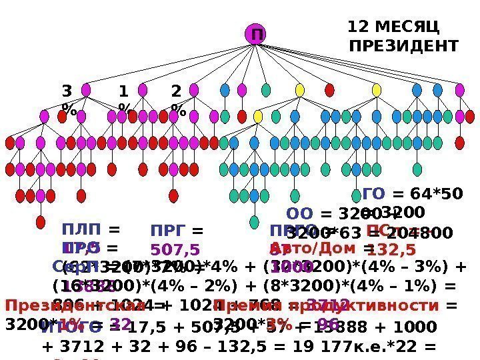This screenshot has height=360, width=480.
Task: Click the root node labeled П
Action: [x=254, y=34]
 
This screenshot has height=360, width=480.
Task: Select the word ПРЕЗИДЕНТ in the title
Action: [x=404, y=46]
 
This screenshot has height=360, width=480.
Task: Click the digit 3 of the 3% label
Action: [x=66, y=91]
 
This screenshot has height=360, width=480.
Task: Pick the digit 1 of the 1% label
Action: [x=123, y=91]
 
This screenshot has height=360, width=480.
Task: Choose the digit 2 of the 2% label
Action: [x=176, y=91]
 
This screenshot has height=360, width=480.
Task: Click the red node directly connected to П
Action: [x=329, y=90]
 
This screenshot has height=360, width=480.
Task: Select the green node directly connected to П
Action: [x=266, y=90]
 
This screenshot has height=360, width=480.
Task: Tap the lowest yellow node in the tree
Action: [x=258, y=117]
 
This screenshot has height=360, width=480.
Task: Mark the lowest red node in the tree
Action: [x=40, y=222]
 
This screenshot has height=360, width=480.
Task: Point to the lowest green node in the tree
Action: [x=254, y=222]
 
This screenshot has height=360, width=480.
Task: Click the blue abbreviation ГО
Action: [x=374, y=194]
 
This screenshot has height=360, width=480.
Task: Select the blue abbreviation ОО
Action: [x=299, y=214]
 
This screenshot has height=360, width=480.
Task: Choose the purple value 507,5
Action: [x=175, y=249]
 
